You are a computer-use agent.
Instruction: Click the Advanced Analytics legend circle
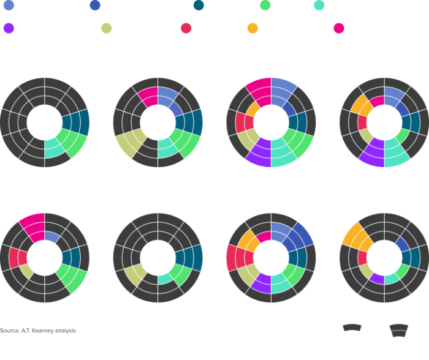(9, 6)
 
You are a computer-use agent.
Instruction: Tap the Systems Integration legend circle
(253, 28)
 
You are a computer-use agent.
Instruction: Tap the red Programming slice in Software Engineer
(235, 258)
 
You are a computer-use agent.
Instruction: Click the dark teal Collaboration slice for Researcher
(189, 257)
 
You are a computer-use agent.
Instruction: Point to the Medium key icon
(352, 334)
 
